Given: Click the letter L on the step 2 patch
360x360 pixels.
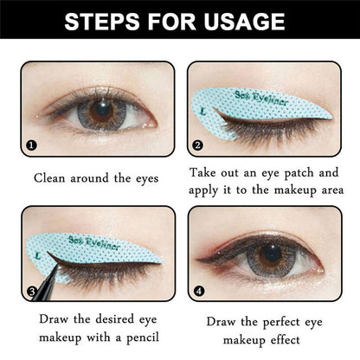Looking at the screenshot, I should point(202,112).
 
